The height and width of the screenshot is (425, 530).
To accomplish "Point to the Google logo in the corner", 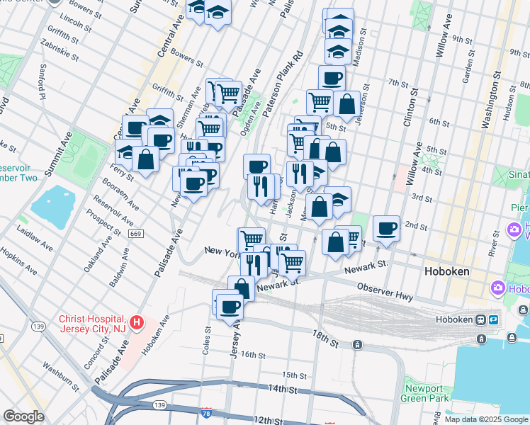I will coord(24,416).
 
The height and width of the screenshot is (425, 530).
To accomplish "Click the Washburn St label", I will coord(60,376).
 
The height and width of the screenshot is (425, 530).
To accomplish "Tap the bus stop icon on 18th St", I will coord(358,345).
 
